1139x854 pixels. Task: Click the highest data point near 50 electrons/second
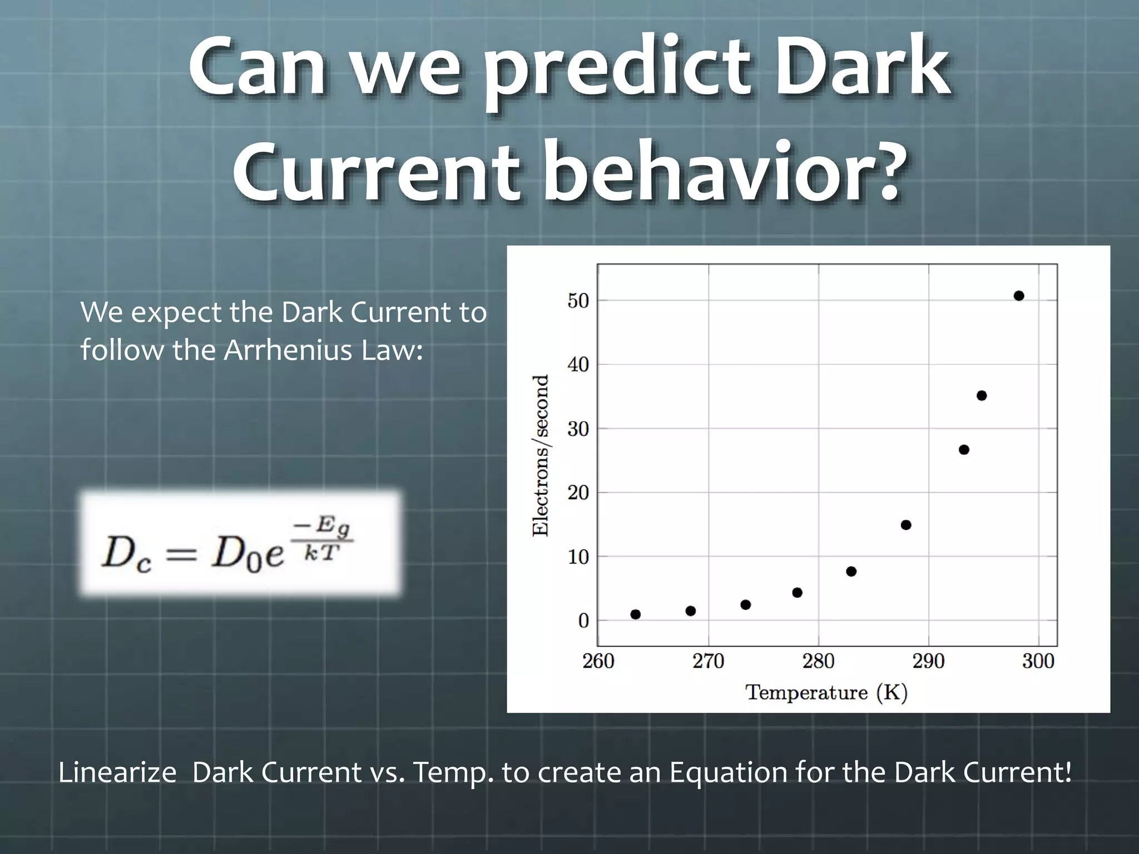click(1019, 296)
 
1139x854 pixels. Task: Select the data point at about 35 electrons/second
click(982, 396)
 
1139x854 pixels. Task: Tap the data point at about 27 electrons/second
click(964, 450)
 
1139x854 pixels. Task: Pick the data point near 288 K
click(906, 525)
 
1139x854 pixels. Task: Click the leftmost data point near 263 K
click(636, 614)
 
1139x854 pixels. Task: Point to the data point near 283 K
click(851, 572)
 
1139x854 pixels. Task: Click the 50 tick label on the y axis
click(578, 301)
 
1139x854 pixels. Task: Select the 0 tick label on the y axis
click(583, 621)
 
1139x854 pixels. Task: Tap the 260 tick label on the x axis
click(598, 662)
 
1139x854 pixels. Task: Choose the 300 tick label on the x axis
click(1038, 662)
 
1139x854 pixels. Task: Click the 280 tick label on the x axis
click(818, 662)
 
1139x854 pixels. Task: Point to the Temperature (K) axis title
click(826, 693)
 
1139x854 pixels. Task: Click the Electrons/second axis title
click(541, 455)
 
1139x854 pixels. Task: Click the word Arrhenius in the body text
click(288, 350)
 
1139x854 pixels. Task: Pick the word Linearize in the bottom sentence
click(117, 773)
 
